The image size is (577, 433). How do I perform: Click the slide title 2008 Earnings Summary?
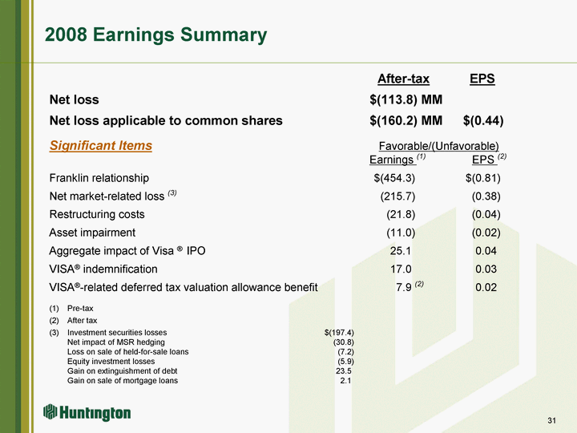[156, 35]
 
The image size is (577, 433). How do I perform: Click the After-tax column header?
[403, 79]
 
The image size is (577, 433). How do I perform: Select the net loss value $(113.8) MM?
[406, 99]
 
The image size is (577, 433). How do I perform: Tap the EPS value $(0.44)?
[483, 120]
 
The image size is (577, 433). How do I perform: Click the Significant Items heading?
[101, 145]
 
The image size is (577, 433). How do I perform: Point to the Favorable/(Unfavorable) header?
[438, 146]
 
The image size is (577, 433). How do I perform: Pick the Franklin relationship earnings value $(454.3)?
[394, 178]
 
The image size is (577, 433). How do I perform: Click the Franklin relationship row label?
[99, 178]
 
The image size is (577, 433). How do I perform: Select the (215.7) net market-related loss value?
[397, 196]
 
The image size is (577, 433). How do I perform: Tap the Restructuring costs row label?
[97, 214]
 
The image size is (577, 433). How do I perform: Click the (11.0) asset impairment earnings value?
[401, 233]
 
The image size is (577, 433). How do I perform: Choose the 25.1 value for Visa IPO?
[401, 251]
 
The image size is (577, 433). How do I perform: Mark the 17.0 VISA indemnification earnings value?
[401, 269]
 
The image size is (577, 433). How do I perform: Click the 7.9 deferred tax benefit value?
[404, 287]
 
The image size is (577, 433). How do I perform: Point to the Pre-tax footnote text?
[80, 309]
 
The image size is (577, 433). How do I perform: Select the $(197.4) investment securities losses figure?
[339, 333]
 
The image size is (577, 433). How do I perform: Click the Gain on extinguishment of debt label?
[122, 370]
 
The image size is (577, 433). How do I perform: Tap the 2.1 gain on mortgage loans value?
[345, 380]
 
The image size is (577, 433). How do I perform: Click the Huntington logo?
[87, 412]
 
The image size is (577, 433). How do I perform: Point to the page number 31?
[551, 420]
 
